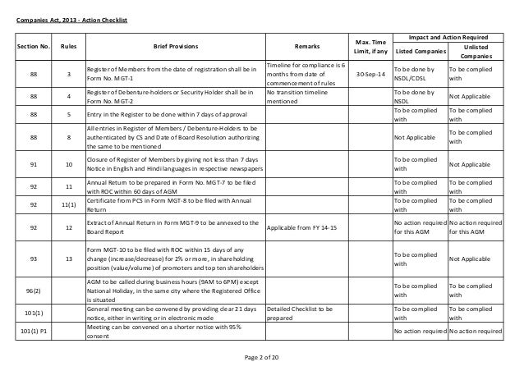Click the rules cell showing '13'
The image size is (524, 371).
click(x=70, y=259)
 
